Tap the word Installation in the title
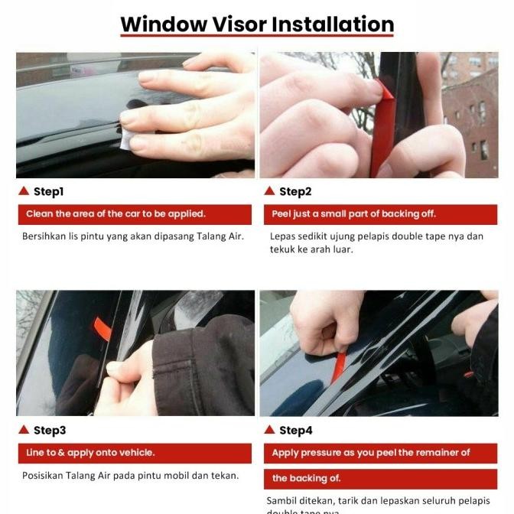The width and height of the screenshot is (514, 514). [x=333, y=24]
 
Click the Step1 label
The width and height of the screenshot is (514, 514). [x=48, y=191]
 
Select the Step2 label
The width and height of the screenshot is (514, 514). [x=295, y=191]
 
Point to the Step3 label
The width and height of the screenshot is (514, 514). [x=50, y=430]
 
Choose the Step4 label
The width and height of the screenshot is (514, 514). [x=295, y=430]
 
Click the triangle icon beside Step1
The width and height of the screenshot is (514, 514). [x=23, y=190]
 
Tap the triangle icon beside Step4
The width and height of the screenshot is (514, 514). [x=269, y=429]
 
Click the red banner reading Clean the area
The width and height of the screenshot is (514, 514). [x=135, y=214]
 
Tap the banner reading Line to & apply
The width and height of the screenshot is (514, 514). [x=135, y=453]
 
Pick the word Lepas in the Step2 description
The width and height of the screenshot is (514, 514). [x=283, y=236]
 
